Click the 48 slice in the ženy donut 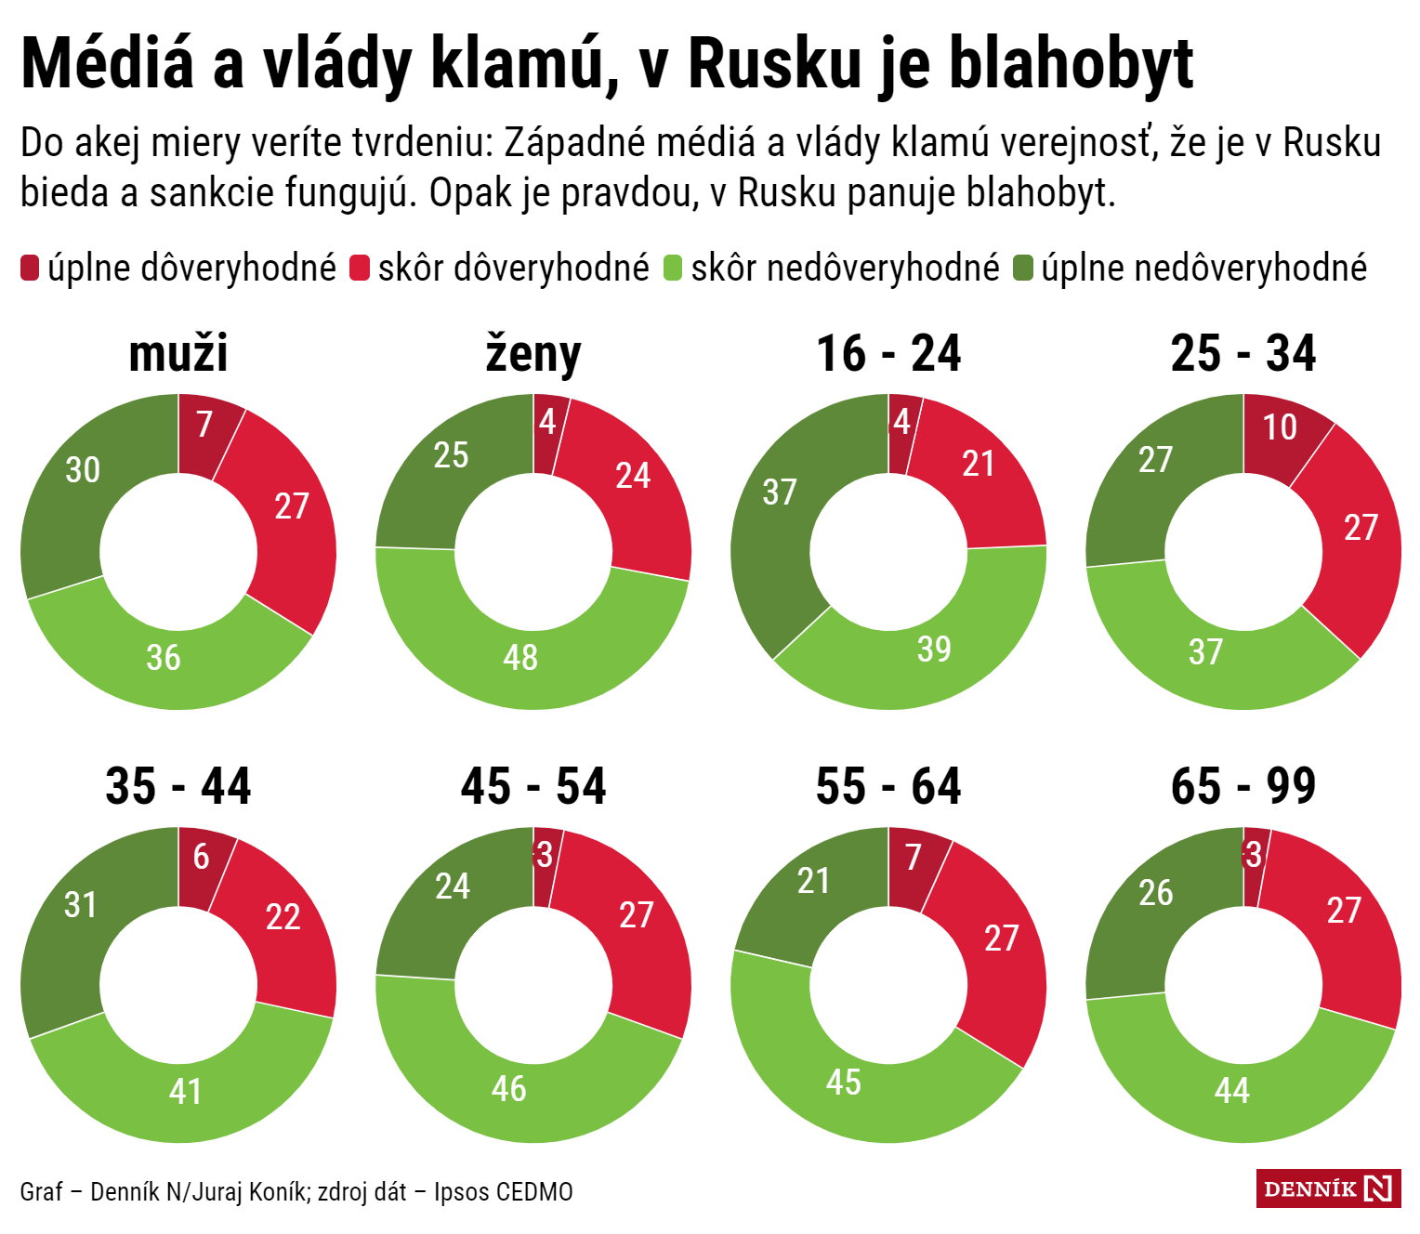(x=521, y=658)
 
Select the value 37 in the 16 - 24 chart (x=779, y=492)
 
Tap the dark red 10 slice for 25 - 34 (x=1280, y=427)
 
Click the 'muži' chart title (x=178, y=354)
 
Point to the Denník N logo (x=1328, y=1188)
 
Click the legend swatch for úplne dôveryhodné (x=30, y=269)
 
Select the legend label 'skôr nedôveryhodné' (x=845, y=269)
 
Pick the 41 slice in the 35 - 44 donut (x=185, y=1091)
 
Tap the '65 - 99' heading (x=1243, y=787)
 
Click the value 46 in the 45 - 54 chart (x=509, y=1089)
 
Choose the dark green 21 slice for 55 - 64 (x=813, y=881)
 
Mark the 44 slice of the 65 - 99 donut (x=1232, y=1091)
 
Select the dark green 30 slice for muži (x=82, y=470)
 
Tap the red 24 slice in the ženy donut (x=633, y=476)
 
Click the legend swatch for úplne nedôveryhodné (x=1023, y=269)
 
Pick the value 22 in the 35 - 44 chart (x=283, y=918)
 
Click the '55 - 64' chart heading (x=888, y=787)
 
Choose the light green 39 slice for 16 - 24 (x=934, y=649)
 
